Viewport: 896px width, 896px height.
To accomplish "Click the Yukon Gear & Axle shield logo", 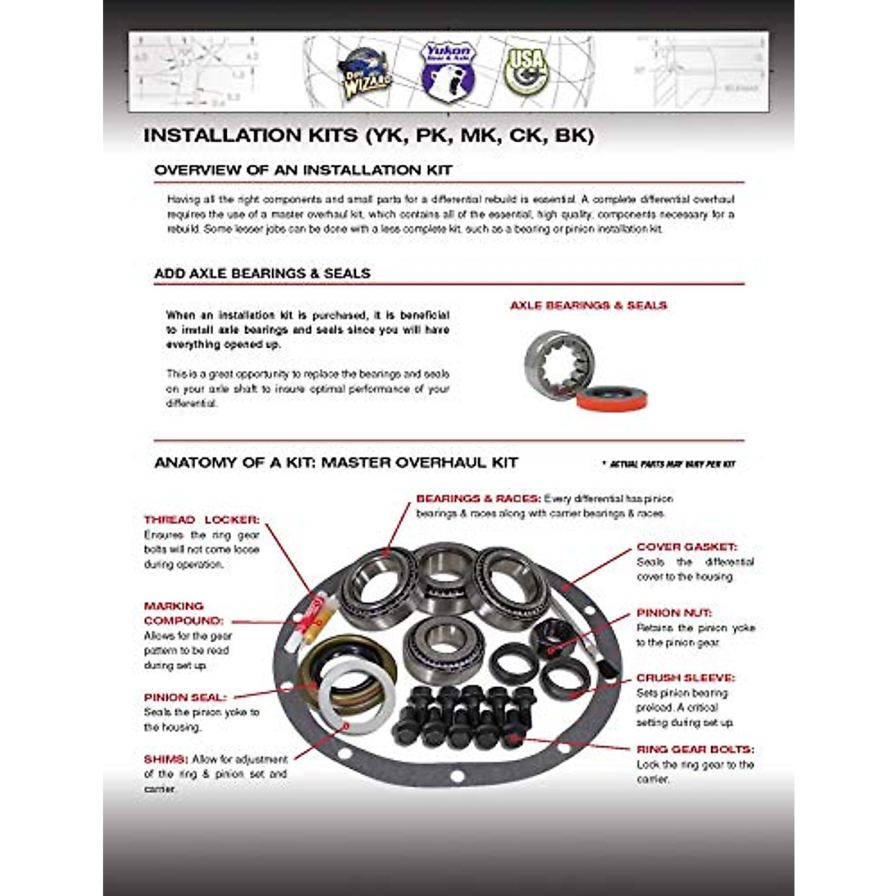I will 447,71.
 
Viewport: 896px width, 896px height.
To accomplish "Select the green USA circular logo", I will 526,72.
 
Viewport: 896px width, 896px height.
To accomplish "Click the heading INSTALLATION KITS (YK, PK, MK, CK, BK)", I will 368,136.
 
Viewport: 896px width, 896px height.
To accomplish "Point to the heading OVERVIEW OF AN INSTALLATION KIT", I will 302,170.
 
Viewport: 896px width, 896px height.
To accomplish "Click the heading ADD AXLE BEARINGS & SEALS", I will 262,273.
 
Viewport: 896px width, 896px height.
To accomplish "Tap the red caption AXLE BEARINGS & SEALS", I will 588,305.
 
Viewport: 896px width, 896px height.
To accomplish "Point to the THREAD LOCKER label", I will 202,520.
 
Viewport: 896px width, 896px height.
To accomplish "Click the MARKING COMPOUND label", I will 183,614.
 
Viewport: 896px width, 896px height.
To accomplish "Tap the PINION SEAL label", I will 184,697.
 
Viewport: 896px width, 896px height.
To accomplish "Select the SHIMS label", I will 166,759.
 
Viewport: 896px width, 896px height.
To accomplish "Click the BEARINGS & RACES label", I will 478,499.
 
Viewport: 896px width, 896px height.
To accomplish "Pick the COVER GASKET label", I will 686,547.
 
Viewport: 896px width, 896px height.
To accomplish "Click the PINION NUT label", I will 673,613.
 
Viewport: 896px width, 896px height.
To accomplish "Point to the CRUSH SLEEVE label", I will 685,678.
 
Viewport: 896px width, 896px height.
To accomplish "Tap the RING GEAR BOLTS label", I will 694,749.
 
